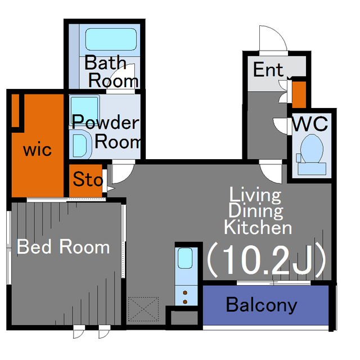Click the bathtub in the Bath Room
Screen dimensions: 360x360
pos(111,39)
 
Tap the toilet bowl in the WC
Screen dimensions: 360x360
pos(312,148)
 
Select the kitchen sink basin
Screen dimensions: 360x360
pos(185,258)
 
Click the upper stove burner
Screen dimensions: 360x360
pos(185,292)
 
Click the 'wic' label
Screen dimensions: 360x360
pos(38,150)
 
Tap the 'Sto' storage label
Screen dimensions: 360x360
pos(88,179)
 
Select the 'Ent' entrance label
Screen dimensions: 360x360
pos(268,70)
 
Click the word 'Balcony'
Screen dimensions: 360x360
pos(262,305)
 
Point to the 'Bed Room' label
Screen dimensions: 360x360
pos(64,246)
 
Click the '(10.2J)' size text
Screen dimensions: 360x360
pos(267,259)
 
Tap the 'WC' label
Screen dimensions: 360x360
pos(309,124)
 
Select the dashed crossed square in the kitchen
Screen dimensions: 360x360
pos(143,309)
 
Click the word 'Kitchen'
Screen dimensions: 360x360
pos(258,227)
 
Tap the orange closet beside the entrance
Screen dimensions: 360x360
pos(299,94)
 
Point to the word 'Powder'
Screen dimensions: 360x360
pos(105,122)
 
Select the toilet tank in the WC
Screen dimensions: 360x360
pos(312,169)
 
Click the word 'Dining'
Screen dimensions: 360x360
pos(255,211)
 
